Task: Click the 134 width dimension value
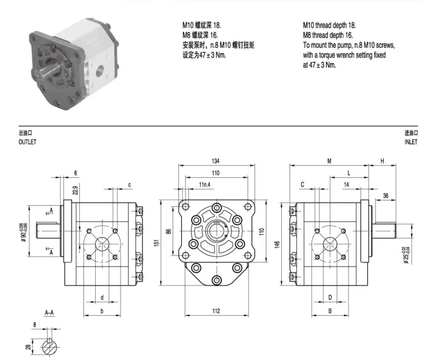click(216, 160)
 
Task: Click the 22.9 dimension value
click(74, 190)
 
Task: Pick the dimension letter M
click(328, 160)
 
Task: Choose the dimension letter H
click(382, 160)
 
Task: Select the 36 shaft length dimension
click(385, 196)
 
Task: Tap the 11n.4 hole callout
click(205, 185)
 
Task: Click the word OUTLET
click(27, 142)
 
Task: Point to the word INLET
click(411, 142)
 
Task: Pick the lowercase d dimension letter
click(102, 297)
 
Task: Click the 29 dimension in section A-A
click(28, 347)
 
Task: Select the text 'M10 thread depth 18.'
click(329, 25)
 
